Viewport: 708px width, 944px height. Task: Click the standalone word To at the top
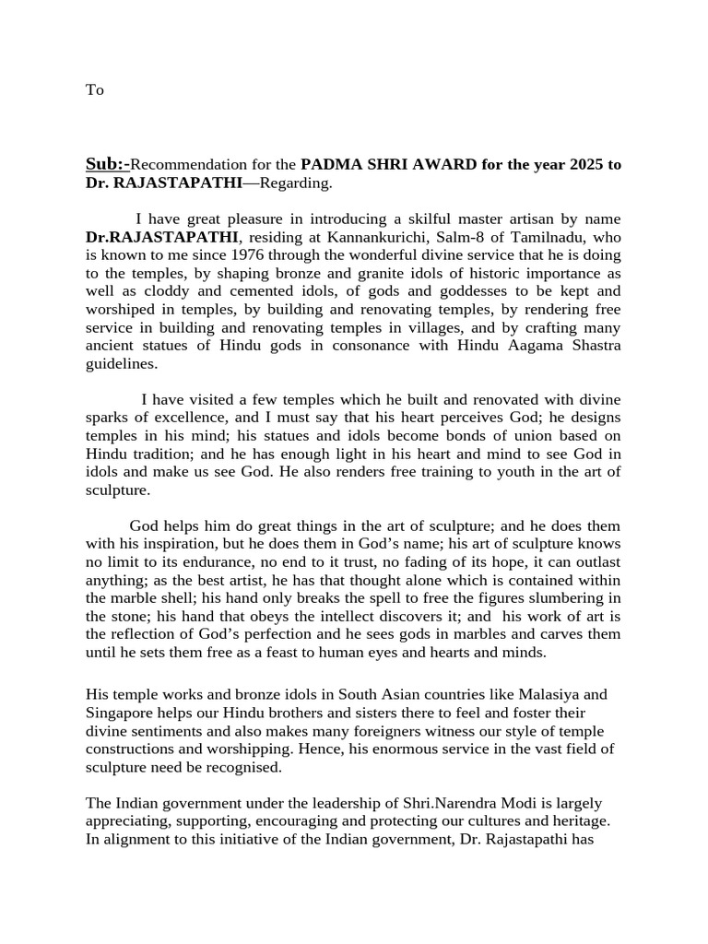[x=94, y=89]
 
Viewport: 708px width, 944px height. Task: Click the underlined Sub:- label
[x=107, y=165]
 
